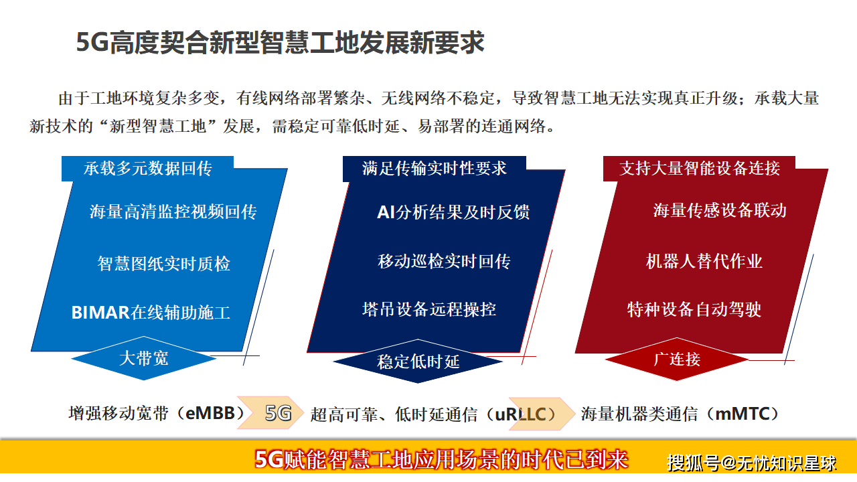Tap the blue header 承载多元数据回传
tap(148, 169)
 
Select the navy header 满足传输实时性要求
tap(435, 169)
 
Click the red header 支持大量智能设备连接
tap(700, 168)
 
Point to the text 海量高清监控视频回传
tap(173, 212)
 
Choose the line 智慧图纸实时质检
tap(164, 263)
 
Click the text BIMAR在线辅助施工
tap(151, 313)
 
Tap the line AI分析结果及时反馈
tap(453, 212)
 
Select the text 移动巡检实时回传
tap(444, 261)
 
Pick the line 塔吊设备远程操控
tap(429, 309)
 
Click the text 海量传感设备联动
tap(720, 210)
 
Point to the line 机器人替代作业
tap(704, 261)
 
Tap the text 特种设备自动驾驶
tap(694, 309)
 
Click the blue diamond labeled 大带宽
tap(144, 358)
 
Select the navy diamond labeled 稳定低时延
tap(418, 362)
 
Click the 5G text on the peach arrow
tap(279, 413)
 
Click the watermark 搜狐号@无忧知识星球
tap(752, 462)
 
